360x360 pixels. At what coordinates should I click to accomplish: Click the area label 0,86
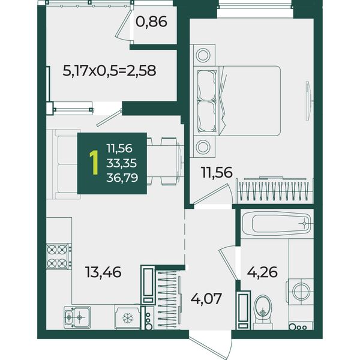(x=151, y=22)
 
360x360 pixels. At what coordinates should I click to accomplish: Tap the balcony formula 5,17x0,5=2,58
(x=109, y=70)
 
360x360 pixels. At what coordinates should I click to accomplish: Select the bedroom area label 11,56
(x=217, y=172)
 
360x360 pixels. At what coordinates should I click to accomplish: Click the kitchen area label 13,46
(x=103, y=272)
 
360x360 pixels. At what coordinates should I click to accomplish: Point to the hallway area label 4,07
(x=206, y=298)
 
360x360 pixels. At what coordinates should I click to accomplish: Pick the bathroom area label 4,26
(x=262, y=272)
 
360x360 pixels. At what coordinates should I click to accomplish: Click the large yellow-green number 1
(x=94, y=163)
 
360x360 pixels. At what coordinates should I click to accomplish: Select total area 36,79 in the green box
(x=122, y=178)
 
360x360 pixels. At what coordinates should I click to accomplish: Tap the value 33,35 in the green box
(x=122, y=163)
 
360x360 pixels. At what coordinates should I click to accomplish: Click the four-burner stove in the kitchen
(x=59, y=256)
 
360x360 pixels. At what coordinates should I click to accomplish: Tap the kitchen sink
(x=77, y=317)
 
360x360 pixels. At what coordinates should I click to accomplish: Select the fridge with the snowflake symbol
(x=127, y=317)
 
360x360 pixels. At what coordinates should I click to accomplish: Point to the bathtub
(x=277, y=224)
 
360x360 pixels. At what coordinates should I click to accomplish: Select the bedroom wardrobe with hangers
(x=275, y=190)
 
